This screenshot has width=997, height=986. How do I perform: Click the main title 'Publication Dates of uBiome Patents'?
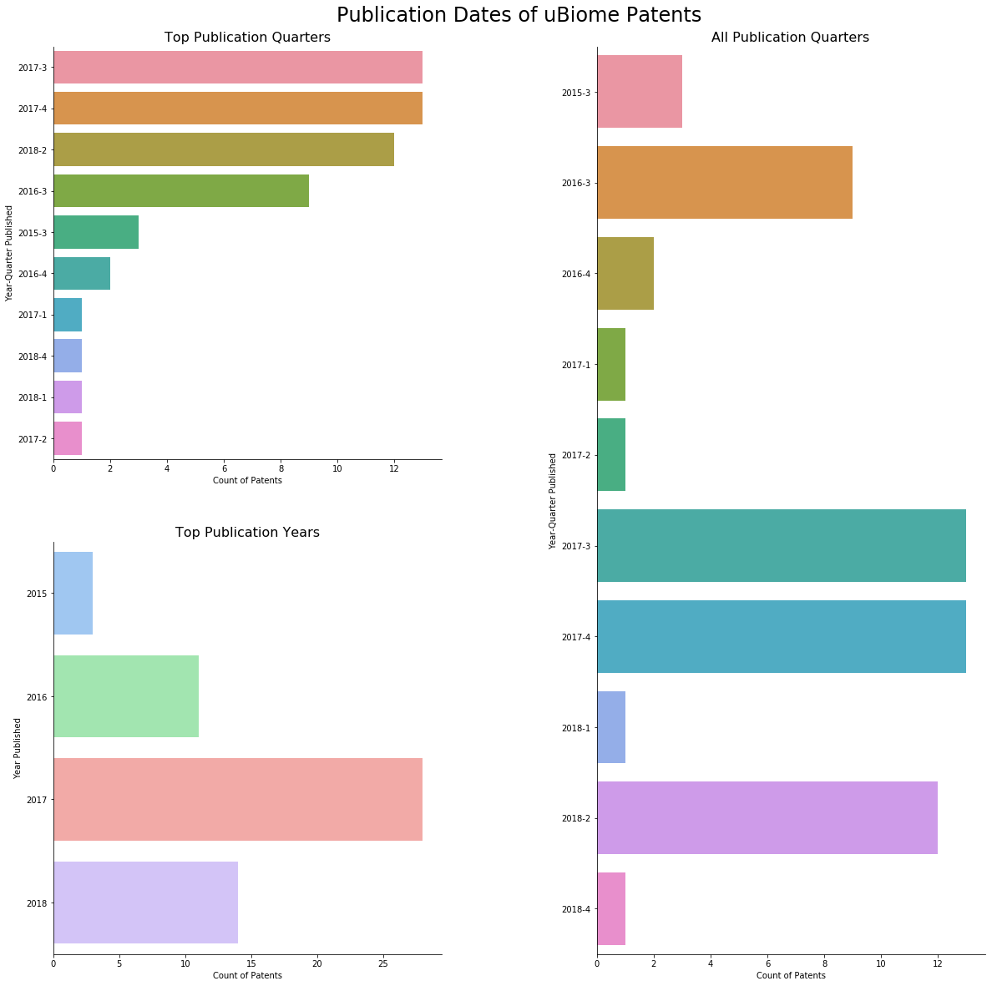pos(519,15)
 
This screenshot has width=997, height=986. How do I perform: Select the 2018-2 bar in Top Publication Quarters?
pos(224,149)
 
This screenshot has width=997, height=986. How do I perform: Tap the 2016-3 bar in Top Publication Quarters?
pos(181,191)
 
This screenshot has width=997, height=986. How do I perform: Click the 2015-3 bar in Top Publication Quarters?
pos(96,232)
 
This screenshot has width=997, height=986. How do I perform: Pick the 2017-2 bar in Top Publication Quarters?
pos(68,438)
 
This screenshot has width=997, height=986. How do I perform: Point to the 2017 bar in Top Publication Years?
pos(238,800)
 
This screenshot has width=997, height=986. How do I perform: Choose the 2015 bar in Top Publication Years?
pos(73,594)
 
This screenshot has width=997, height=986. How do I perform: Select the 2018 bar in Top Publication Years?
pos(146,903)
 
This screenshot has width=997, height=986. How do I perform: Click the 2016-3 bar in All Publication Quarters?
pos(725,183)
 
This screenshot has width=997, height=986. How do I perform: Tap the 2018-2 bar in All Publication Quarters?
pos(767,818)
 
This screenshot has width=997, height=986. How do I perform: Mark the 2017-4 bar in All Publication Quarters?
pos(782,637)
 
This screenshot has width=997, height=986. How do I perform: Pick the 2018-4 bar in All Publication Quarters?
pos(611,908)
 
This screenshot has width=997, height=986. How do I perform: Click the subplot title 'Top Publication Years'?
pos(247,533)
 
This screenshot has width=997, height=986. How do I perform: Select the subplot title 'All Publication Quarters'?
pos(790,38)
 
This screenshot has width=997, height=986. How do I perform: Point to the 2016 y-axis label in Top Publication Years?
pos(36,697)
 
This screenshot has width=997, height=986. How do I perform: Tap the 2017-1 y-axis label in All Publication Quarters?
pos(576,365)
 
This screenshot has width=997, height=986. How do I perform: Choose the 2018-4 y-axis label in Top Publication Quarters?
pos(32,356)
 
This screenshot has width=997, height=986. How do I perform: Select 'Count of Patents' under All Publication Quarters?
pos(791,976)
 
